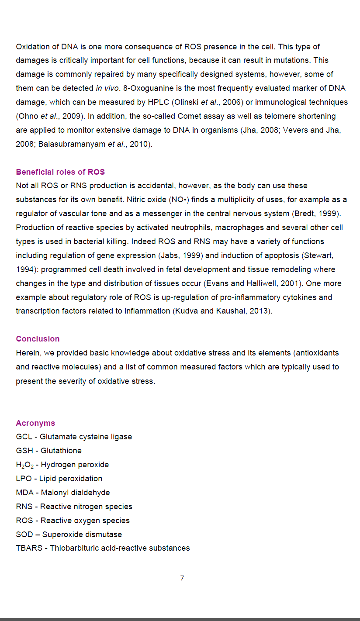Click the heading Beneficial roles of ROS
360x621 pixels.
pos(60,172)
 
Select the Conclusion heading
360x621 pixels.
pos(38,339)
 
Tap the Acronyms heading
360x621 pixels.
pos(35,423)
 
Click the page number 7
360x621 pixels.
pos(182,578)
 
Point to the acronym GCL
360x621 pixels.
pos(24,437)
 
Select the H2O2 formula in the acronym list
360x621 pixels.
pos(24,465)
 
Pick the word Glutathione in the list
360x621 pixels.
pos(61,451)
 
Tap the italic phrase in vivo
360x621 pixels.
pos(107,88)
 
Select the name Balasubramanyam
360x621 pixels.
pos(72,144)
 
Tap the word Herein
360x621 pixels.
pos(27,353)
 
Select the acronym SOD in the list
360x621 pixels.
pos(24,535)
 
